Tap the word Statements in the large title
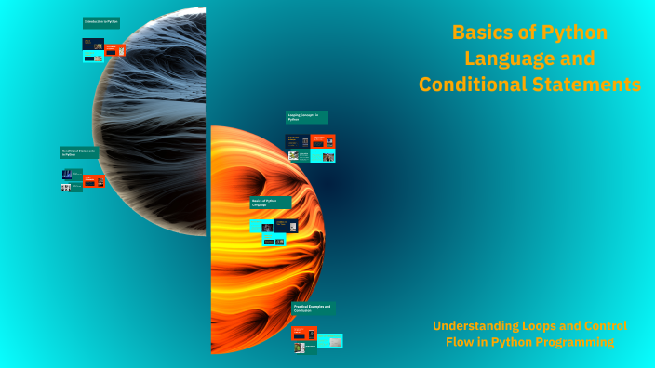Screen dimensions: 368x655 [593, 85]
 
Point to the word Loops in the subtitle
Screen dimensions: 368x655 [540, 326]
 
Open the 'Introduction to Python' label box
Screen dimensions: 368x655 [103, 22]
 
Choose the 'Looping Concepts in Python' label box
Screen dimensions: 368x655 [306, 117]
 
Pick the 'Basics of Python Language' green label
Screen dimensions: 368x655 [270, 202]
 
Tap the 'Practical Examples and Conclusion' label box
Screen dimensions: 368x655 [314, 308]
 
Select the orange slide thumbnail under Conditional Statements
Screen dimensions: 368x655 [94, 180]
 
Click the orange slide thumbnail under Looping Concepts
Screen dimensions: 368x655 [323, 141]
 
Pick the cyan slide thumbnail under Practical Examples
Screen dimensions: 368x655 [330, 341]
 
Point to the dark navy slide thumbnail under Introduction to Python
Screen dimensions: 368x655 [93, 44]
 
